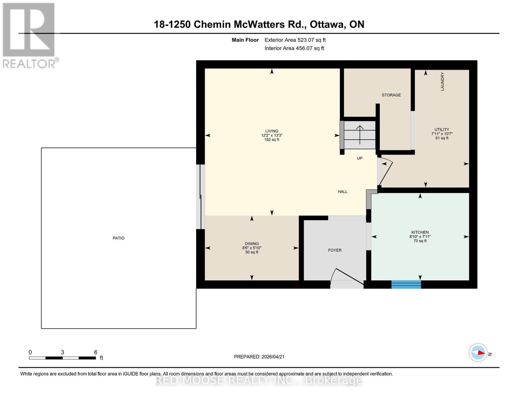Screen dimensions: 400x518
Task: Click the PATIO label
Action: pyautogui.click(x=118, y=238)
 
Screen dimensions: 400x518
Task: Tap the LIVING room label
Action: pyautogui.click(x=272, y=131)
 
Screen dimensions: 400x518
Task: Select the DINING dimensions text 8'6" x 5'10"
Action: pyautogui.click(x=251, y=248)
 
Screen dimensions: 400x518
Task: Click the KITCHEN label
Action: pyautogui.click(x=420, y=232)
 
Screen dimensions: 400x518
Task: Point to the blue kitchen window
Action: pyautogui.click(x=406, y=284)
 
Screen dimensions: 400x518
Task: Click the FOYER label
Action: pyautogui.click(x=335, y=250)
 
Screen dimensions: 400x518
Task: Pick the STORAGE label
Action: pyautogui.click(x=391, y=95)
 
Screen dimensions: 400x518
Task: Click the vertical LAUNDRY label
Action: pyautogui.click(x=442, y=82)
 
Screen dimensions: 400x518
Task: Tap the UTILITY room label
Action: pyautogui.click(x=442, y=130)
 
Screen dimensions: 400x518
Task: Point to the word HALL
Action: pyautogui.click(x=343, y=192)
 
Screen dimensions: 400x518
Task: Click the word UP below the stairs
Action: pyautogui.click(x=360, y=158)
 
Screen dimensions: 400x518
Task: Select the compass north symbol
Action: pyautogui.click(x=478, y=353)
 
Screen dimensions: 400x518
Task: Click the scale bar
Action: pyautogui.click(x=62, y=358)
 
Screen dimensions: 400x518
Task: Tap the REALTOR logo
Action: pyautogui.click(x=29, y=35)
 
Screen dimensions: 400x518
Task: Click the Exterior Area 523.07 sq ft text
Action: pyautogui.click(x=295, y=40)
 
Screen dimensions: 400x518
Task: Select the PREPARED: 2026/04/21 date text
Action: pyautogui.click(x=259, y=357)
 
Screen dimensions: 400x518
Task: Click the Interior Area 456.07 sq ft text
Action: pyautogui.click(x=294, y=48)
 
